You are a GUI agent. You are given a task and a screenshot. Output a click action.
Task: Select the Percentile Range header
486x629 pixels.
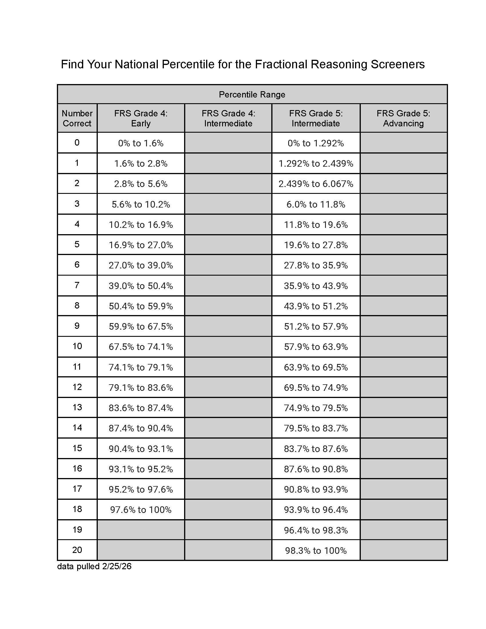click(x=252, y=94)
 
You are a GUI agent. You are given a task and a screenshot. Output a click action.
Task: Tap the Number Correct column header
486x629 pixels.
click(x=77, y=118)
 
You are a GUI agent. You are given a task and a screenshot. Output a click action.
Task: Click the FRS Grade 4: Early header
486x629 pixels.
click(x=141, y=118)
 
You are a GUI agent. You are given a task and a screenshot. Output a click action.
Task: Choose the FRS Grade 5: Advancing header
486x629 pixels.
click(x=403, y=118)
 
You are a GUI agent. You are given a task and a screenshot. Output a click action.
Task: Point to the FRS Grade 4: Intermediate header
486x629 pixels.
click(x=228, y=118)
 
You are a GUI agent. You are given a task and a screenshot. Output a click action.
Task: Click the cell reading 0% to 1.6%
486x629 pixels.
click(x=141, y=143)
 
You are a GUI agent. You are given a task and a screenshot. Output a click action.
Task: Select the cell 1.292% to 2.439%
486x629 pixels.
click(x=316, y=164)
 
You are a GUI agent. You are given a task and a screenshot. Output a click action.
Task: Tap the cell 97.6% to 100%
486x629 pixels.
click(x=141, y=510)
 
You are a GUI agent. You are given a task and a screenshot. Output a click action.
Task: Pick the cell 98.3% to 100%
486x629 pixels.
click(x=316, y=551)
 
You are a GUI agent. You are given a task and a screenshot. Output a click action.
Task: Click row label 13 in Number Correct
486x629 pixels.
click(x=77, y=407)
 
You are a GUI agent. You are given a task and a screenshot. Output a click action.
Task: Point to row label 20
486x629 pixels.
click(x=77, y=550)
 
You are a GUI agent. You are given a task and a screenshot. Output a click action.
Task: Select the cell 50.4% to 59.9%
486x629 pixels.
click(x=141, y=306)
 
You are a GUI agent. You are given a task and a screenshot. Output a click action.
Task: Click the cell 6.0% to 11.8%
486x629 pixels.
click(x=316, y=204)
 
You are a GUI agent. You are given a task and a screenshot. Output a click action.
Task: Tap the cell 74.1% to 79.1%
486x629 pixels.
click(x=141, y=367)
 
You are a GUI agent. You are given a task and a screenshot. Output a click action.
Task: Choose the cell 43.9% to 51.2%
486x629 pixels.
click(x=316, y=306)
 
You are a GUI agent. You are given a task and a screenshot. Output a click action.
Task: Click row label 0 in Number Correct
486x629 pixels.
click(x=77, y=143)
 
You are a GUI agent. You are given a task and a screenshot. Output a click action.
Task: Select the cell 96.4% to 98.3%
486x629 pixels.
click(x=316, y=530)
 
